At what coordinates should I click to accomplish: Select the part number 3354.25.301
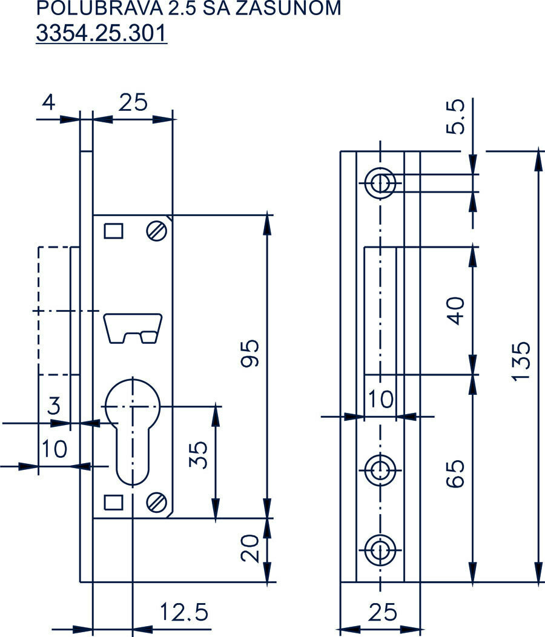pyautogui.click(x=101, y=33)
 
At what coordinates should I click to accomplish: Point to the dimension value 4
pyautogui.click(x=48, y=102)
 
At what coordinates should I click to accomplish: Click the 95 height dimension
pyautogui.click(x=251, y=352)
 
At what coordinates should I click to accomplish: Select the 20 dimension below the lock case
pyautogui.click(x=251, y=549)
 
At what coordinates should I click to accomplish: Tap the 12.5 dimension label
pyautogui.click(x=184, y=613)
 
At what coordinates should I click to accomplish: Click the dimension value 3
pyautogui.click(x=54, y=406)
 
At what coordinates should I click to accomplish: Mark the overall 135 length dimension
pyautogui.click(x=522, y=362)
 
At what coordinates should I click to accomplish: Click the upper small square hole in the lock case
pyautogui.click(x=113, y=231)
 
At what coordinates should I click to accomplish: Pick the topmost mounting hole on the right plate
pyautogui.click(x=380, y=182)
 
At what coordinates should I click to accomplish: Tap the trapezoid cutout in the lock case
pyautogui.click(x=133, y=328)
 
